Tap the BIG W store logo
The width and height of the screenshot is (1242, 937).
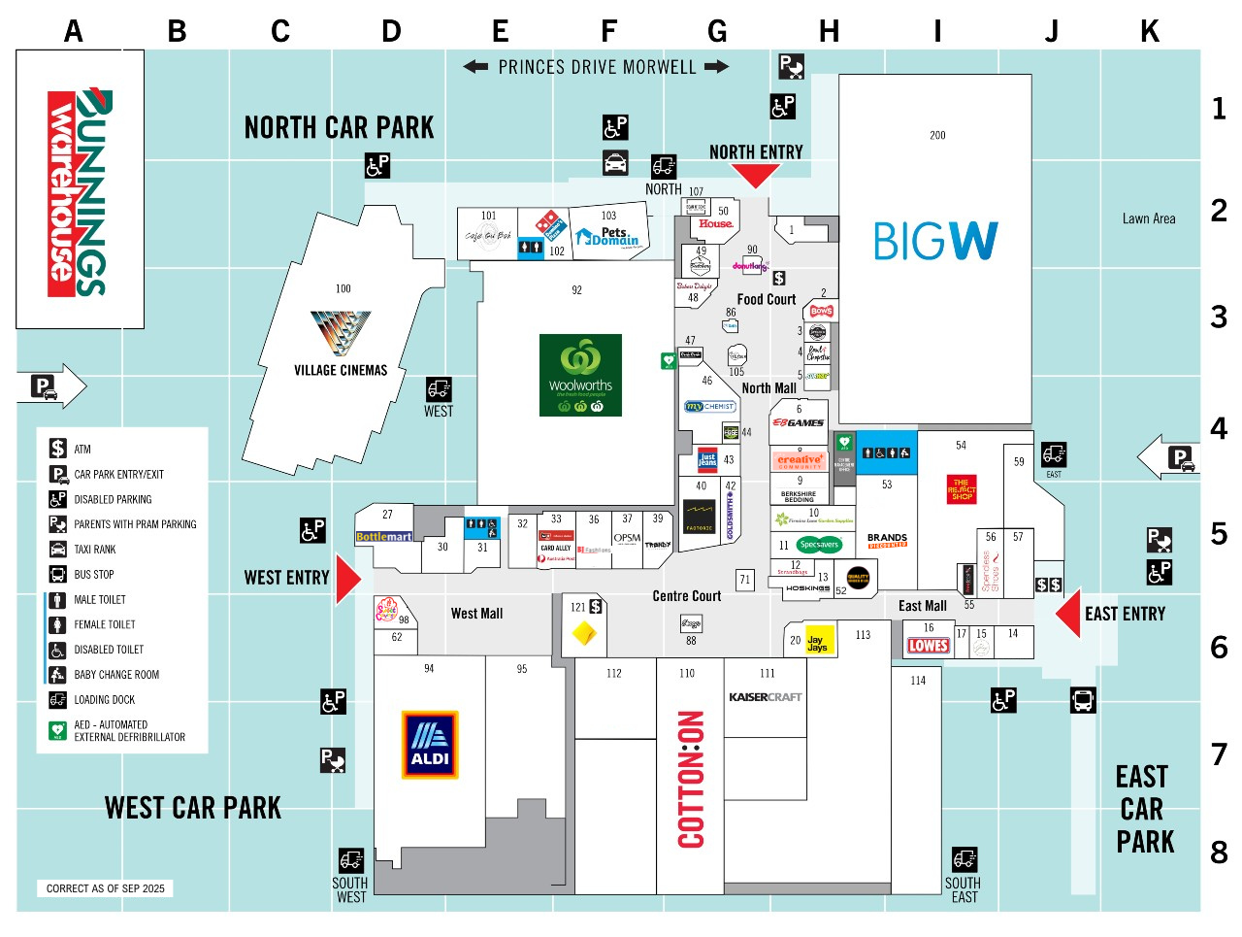[934, 241]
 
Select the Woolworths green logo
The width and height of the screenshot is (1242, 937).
[580, 375]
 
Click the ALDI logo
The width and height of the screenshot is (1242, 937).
[430, 745]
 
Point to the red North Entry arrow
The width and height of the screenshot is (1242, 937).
[755, 176]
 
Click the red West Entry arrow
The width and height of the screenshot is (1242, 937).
[347, 580]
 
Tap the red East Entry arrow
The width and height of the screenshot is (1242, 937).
[1068, 615]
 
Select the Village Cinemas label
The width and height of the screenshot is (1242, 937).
[341, 370]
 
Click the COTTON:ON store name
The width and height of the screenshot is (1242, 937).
[691, 779]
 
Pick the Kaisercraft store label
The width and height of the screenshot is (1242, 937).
[766, 697]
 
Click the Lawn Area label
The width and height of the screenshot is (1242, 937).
[1149, 219]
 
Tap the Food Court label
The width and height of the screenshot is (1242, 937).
[766, 300]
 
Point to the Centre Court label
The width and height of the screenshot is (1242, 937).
[686, 596]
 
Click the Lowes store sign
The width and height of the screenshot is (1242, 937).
[929, 646]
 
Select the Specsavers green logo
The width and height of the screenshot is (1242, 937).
[819, 545]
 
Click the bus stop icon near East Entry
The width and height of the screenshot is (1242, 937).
[1083, 699]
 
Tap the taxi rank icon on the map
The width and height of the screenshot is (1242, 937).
[615, 162]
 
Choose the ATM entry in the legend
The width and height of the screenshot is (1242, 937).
[82, 449]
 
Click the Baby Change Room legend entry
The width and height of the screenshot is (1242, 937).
[116, 675]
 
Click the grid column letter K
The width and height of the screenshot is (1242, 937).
[1150, 32]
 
